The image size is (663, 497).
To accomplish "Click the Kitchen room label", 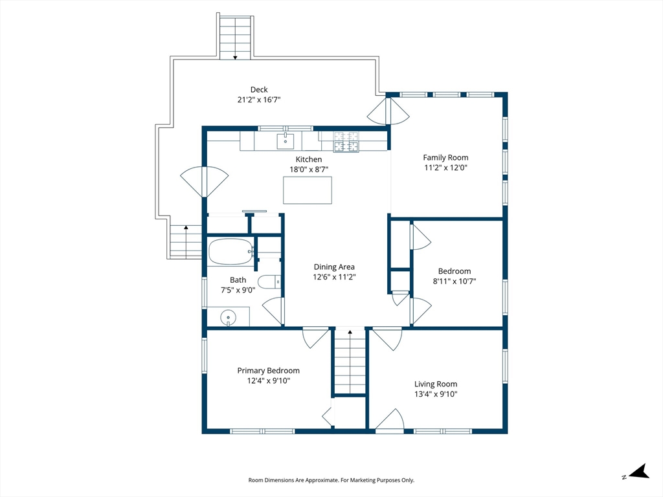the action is point(309,159).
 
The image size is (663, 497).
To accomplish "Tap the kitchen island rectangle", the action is point(308,191).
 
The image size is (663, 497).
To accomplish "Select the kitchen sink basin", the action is point(286,140).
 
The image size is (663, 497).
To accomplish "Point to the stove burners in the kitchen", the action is point(346,142).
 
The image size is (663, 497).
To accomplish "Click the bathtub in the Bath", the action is point(230,252).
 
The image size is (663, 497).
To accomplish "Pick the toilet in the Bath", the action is point(269,282).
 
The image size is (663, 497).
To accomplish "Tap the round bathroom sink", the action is point(228,317).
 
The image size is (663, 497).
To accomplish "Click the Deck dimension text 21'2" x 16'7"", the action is point(259,100).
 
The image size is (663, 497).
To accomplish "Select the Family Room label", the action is point(445,157).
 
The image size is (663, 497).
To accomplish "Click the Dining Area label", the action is point(334,267).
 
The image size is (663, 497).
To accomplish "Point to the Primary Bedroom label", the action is point(268,371).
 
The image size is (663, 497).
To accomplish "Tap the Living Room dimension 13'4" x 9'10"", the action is point(436,394).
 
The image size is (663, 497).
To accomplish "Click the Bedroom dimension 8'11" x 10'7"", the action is point(454,281).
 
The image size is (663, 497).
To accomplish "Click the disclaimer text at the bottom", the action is point(331,480).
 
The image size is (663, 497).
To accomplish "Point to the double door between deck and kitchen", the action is point(205,182).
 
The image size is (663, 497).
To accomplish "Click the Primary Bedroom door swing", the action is point(315,338).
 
